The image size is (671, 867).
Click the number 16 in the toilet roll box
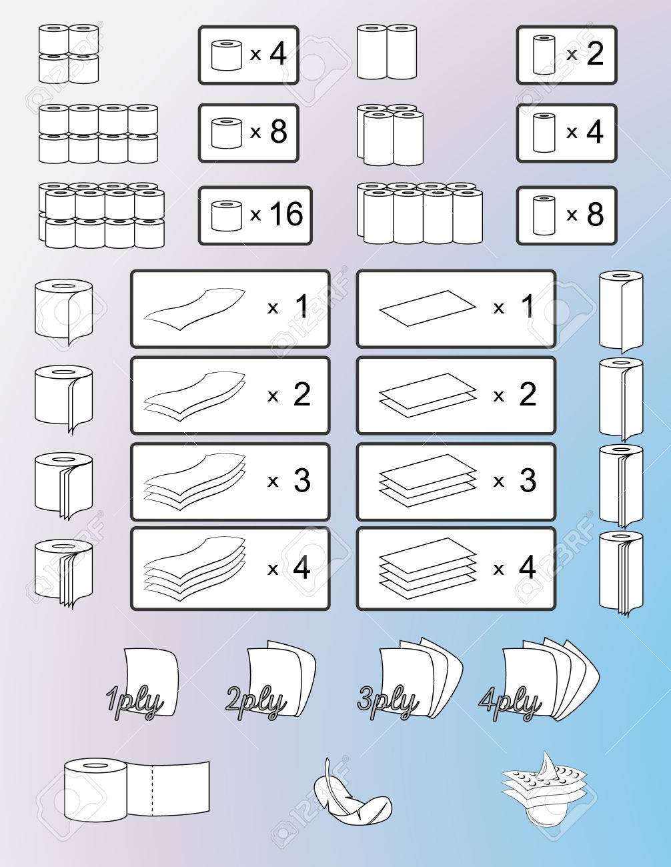(x=286, y=215)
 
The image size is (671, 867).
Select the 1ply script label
(x=134, y=702)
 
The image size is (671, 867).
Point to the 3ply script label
(x=388, y=702)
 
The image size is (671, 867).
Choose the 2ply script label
(x=255, y=702)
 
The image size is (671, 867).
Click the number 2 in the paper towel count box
(x=594, y=55)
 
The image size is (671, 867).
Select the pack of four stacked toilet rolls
(x=68, y=53)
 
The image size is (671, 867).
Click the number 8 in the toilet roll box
(x=278, y=133)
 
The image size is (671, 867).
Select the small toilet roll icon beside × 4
(x=224, y=55)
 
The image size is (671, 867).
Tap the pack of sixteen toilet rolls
(x=101, y=215)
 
